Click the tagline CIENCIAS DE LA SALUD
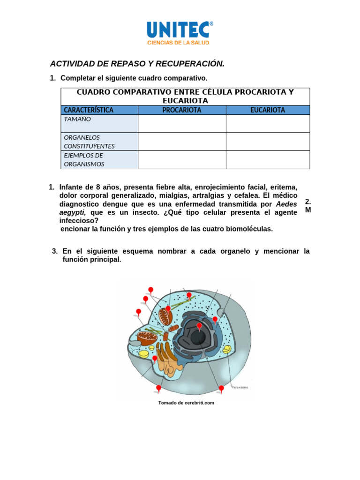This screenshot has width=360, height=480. click(178, 43)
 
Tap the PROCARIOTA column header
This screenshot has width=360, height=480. click(182, 110)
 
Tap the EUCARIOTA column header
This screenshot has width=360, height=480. click(268, 110)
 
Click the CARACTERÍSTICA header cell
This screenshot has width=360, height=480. click(89, 110)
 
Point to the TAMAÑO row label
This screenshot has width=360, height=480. click(77, 119)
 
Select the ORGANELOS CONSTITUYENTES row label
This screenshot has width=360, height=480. click(89, 142)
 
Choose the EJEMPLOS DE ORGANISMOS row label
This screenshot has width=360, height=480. click(84, 159)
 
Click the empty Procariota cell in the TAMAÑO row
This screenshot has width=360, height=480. click(182, 124)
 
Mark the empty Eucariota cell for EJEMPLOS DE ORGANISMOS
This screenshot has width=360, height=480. click(268, 159)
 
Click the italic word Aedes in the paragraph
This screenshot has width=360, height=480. click(286, 204)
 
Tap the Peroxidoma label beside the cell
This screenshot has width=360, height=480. click(240, 387)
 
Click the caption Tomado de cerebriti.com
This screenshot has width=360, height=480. click(186, 403)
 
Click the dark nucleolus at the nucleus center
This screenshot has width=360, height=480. click(197, 337)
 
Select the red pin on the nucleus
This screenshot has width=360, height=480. click(199, 326)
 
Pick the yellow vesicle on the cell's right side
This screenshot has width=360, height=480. click(226, 349)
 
